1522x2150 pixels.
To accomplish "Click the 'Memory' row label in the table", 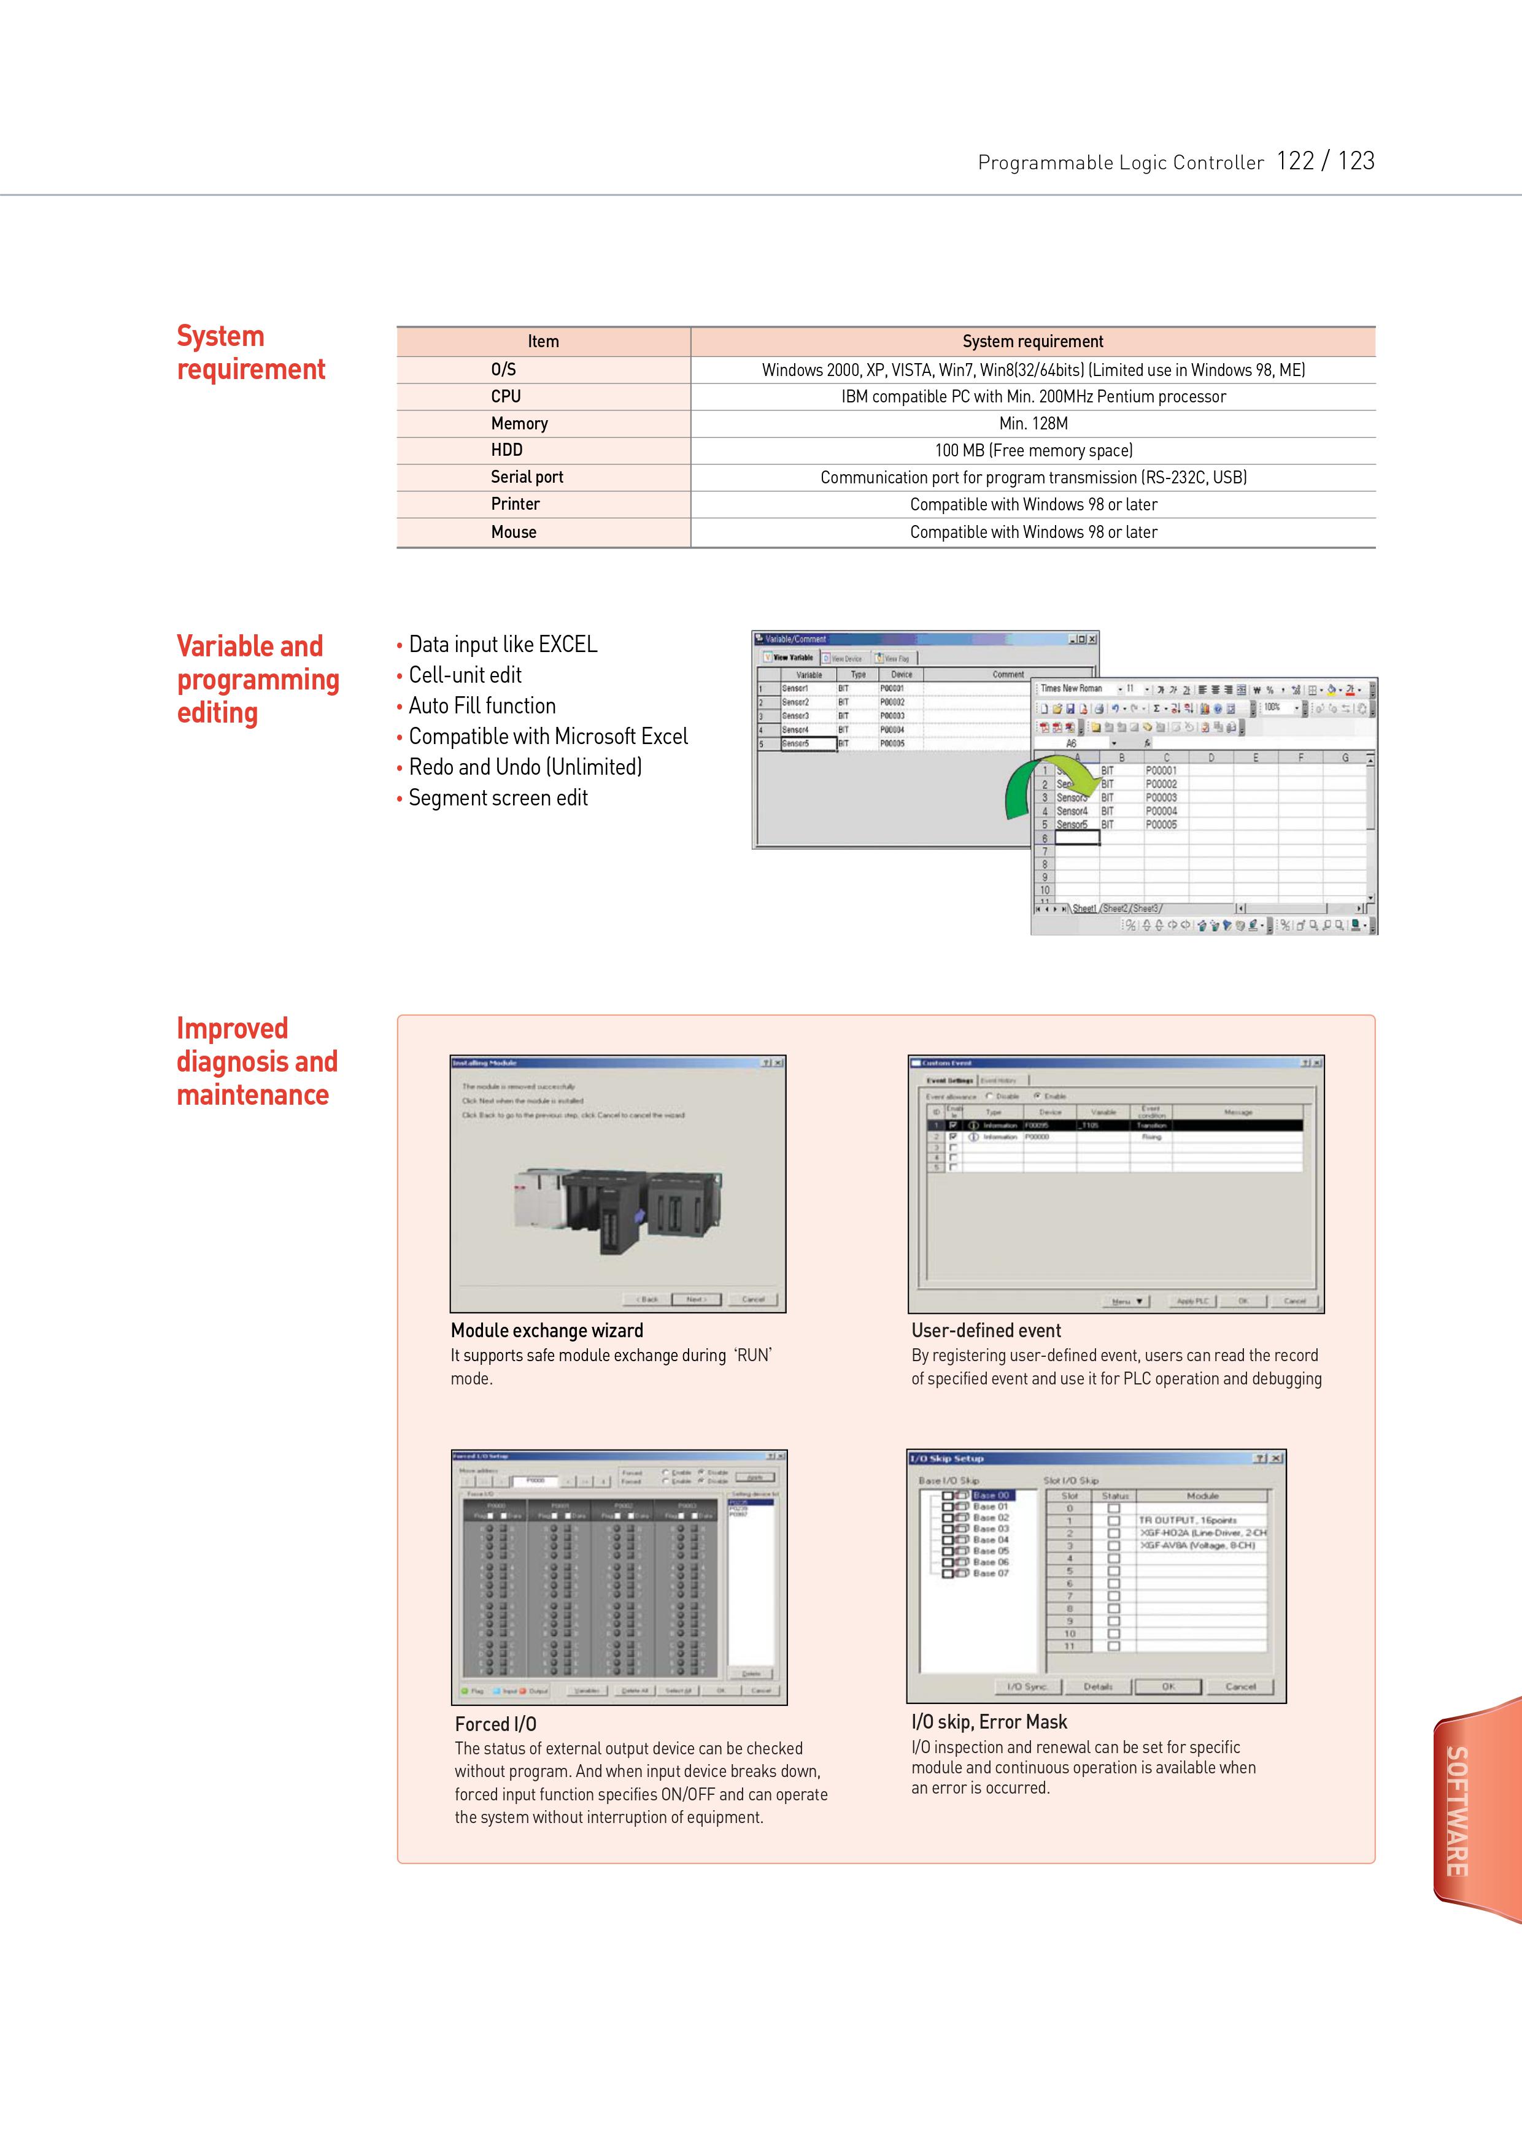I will [x=519, y=423].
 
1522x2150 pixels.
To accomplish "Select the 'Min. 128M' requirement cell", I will [x=1033, y=423].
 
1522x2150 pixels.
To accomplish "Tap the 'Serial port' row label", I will [x=527, y=477].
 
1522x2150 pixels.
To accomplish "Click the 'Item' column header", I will [x=543, y=342].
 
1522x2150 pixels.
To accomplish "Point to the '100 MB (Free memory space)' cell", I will [x=1033, y=451].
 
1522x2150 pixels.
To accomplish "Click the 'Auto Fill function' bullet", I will [x=482, y=707].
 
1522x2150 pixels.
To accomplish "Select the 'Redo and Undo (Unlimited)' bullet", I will [x=525, y=767].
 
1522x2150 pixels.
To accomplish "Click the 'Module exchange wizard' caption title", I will [x=546, y=1330].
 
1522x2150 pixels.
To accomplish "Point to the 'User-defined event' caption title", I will [x=986, y=1330].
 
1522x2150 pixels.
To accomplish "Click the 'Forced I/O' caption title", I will [x=495, y=1724].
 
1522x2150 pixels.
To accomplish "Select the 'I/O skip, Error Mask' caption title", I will [x=989, y=1722].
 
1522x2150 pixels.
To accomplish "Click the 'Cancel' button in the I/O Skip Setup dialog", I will [x=1239, y=1686].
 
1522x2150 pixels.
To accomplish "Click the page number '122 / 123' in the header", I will [x=1324, y=161].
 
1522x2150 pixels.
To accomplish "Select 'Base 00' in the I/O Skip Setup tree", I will [x=991, y=1495].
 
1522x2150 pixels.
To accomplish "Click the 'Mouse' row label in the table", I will [x=514, y=532].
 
